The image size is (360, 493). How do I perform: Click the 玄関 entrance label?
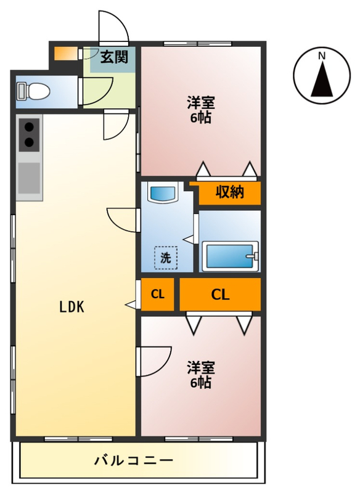click(114, 58)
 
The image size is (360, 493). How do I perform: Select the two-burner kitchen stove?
click(29, 135)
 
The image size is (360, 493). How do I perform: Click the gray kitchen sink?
click(29, 178)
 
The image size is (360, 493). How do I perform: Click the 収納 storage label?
click(229, 192)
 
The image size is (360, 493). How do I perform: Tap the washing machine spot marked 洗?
click(165, 258)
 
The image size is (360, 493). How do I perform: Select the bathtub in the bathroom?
click(231, 255)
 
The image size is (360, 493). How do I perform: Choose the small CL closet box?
click(158, 294)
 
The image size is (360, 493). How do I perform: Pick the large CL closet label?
click(220, 294)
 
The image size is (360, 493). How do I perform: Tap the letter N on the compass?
click(321, 56)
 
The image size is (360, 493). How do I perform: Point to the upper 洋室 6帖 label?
click(200, 110)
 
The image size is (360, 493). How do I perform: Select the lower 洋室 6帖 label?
click(200, 375)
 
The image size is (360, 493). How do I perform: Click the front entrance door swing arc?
click(114, 28)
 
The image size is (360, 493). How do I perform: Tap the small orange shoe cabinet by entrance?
click(63, 53)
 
